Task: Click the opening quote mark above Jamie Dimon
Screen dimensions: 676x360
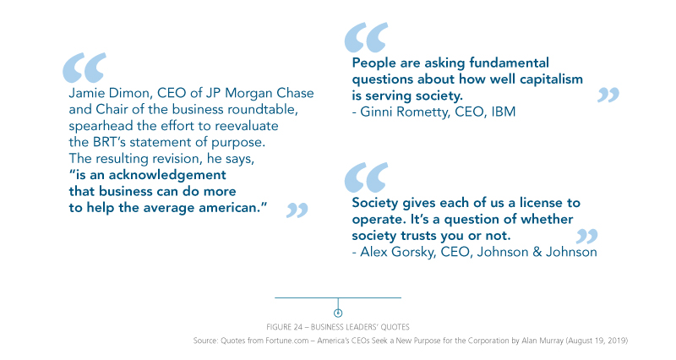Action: [84, 68]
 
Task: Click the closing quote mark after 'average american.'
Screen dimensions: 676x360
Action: [297, 210]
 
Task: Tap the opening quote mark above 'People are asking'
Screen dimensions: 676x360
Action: [366, 37]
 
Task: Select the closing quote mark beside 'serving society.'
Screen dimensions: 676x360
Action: [608, 95]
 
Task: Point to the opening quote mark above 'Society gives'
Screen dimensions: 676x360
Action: [366, 177]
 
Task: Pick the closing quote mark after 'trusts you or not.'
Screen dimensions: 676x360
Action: [586, 237]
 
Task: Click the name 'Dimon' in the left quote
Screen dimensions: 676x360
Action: [129, 93]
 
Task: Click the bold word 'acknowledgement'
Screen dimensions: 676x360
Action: [167, 175]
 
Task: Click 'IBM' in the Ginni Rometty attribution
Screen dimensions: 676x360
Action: [503, 112]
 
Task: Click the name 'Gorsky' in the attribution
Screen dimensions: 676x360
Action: [413, 252]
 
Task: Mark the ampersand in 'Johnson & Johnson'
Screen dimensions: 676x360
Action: [537, 252]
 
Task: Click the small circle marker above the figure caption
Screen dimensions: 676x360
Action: [338, 313]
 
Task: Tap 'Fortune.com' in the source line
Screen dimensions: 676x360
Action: [286, 341]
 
